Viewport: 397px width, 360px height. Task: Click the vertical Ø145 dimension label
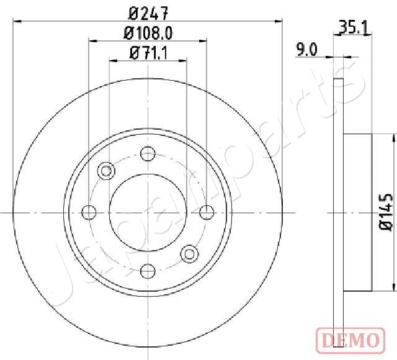tap(385, 213)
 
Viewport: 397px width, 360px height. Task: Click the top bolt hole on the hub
tap(148, 153)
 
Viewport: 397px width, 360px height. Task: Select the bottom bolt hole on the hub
tap(148, 271)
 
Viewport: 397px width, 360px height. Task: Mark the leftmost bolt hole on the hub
tap(89, 212)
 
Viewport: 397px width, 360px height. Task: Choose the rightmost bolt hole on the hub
tap(206, 212)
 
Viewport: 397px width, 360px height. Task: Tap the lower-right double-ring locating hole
tap(189, 253)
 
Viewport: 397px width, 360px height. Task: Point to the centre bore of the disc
tap(148, 212)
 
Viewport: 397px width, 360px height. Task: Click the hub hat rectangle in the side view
tap(357, 212)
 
